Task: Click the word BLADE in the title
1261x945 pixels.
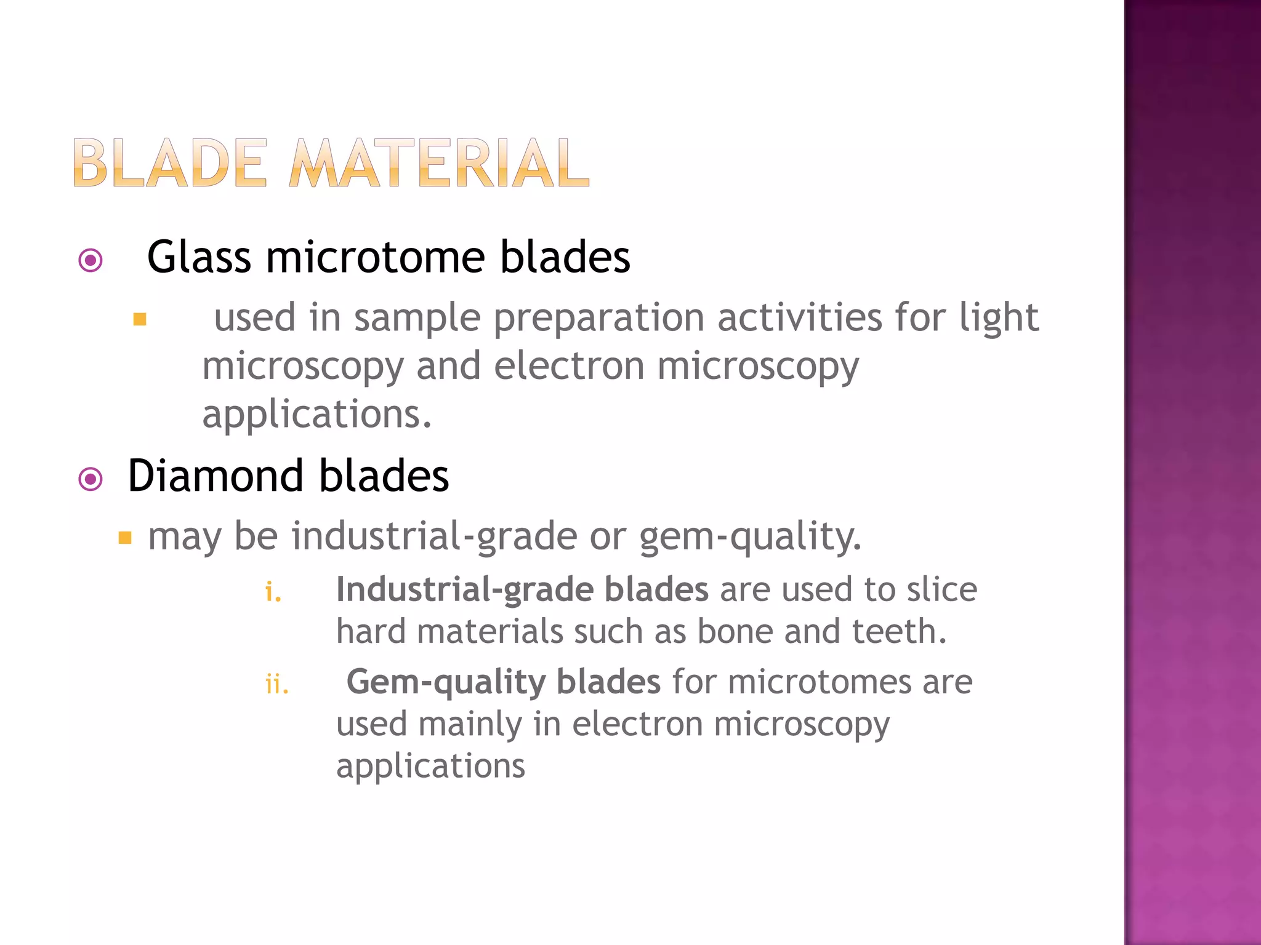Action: tap(170, 163)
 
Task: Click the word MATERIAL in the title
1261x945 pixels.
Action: tap(439, 163)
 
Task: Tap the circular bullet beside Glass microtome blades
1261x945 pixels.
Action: tap(91, 260)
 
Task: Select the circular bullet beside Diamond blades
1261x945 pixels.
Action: tap(91, 479)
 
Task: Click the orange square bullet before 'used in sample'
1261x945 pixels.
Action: tap(140, 319)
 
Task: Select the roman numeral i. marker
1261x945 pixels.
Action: tap(273, 592)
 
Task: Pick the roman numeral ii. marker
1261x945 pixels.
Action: tap(276, 684)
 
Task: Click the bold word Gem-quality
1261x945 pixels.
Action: tap(446, 682)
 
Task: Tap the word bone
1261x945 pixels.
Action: tap(735, 631)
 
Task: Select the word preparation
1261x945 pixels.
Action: tap(598, 319)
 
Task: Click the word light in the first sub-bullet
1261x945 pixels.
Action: tap(999, 317)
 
